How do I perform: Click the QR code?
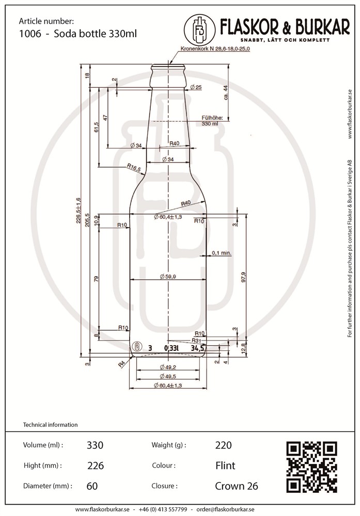311,466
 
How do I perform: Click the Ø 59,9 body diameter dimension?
168,277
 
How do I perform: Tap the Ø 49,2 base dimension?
168,367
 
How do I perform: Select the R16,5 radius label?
134,167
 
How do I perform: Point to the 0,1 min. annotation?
222,253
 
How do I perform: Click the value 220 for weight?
223,445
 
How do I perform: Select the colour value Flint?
225,465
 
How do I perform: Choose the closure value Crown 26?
237,486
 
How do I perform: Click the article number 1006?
27,34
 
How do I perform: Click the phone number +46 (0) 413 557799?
163,509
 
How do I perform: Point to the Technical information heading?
51,425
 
